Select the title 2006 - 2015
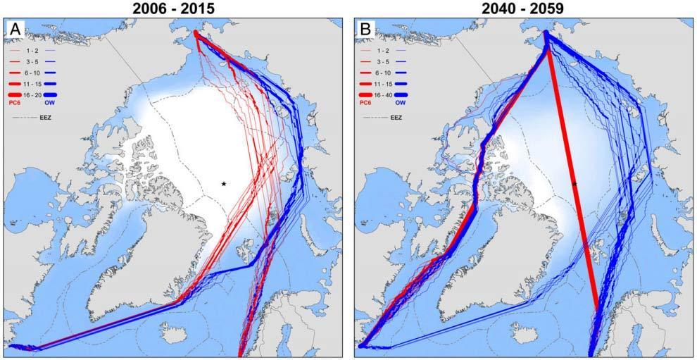[x=174, y=8]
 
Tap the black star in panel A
[x=224, y=184]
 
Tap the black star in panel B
[x=574, y=184]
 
